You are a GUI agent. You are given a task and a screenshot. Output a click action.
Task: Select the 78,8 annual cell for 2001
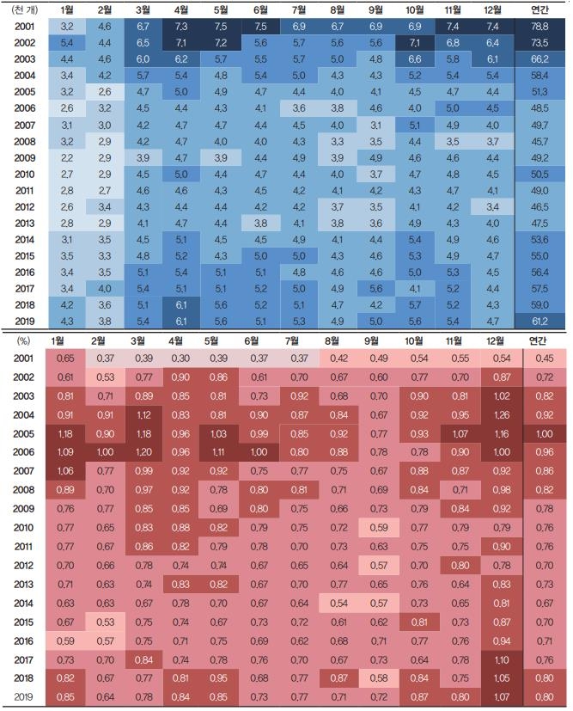[x=542, y=27]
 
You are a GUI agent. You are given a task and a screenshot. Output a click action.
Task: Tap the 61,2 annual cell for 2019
[x=542, y=321]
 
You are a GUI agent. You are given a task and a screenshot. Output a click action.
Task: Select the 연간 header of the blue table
[x=542, y=9]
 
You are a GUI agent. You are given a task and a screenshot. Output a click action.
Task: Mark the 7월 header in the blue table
[x=298, y=9]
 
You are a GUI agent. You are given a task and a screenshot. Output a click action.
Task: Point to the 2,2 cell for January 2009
[x=66, y=157]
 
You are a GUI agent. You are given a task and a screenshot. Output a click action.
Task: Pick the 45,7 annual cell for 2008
[x=542, y=141]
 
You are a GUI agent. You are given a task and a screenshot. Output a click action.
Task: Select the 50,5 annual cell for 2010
[x=542, y=174]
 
